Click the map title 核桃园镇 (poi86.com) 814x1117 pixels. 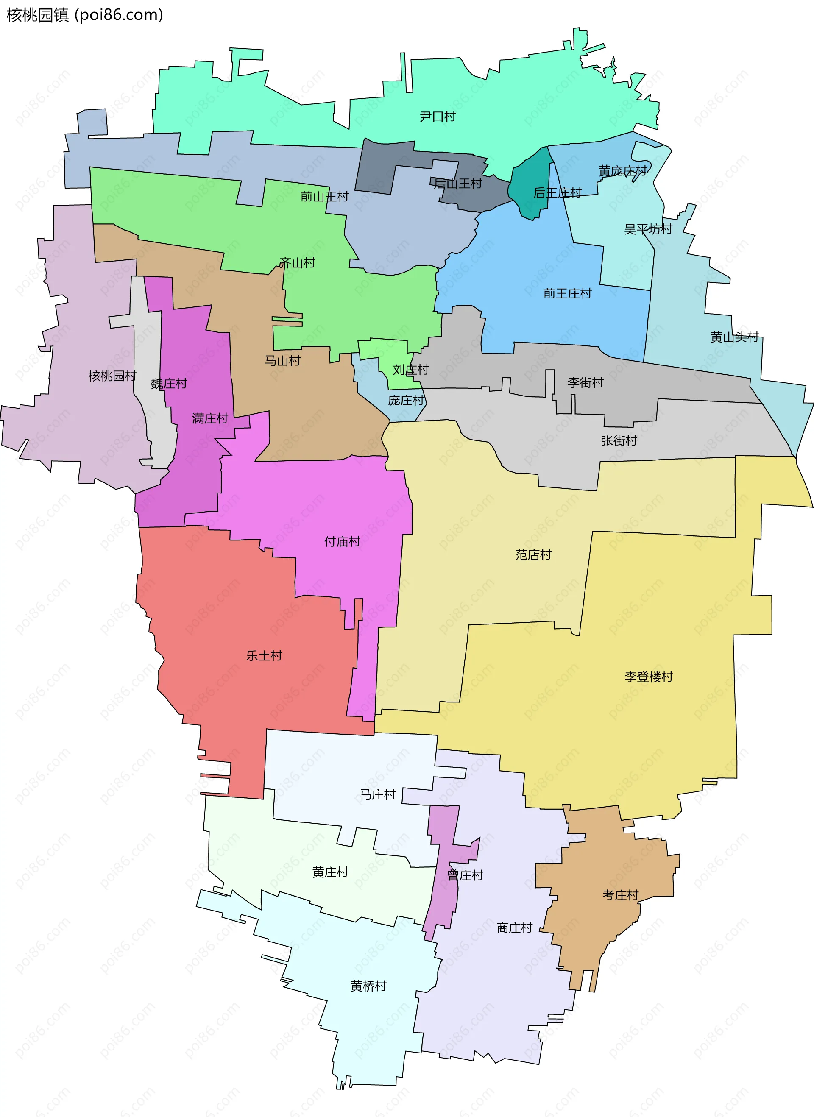tap(84, 15)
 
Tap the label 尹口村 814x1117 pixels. tap(438, 117)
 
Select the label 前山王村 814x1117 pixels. tap(324, 197)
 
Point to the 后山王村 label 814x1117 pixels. tap(458, 184)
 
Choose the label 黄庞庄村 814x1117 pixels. tap(623, 171)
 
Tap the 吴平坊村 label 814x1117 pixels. tap(648, 229)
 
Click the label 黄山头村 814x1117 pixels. tap(734, 337)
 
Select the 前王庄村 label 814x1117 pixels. tap(567, 294)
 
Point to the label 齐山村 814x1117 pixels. tap(297, 263)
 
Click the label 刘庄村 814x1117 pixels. tap(410, 370)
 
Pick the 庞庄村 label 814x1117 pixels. tap(406, 401)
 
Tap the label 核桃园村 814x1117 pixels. tap(112, 376)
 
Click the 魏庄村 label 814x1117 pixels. tap(169, 384)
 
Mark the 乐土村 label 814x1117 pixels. tap(264, 656)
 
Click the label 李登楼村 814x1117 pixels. tap(648, 677)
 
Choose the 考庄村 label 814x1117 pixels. tap(620, 895)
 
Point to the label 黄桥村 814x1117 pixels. tap(368, 986)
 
